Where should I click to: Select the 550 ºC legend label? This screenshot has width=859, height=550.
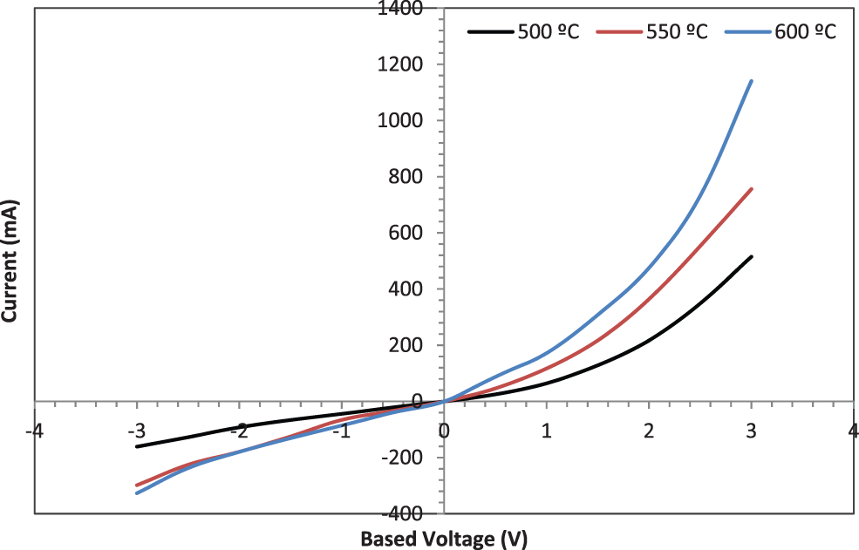(677, 32)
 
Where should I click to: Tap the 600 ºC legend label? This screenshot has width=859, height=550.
(804, 32)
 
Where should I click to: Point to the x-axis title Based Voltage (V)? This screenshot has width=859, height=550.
(444, 539)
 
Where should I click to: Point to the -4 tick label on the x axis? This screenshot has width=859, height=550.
(35, 430)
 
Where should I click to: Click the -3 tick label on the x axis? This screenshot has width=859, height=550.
(136, 430)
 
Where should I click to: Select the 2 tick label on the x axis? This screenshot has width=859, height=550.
(649, 430)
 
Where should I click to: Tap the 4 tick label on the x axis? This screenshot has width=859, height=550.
(852, 430)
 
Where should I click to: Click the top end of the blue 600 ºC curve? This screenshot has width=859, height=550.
(751, 81)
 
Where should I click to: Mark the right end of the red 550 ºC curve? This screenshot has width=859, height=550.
(751, 188)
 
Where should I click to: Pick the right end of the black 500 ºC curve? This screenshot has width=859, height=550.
(751, 256)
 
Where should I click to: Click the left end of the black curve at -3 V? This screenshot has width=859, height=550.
(137, 446)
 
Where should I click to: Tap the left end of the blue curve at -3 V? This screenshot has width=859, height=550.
(137, 493)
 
